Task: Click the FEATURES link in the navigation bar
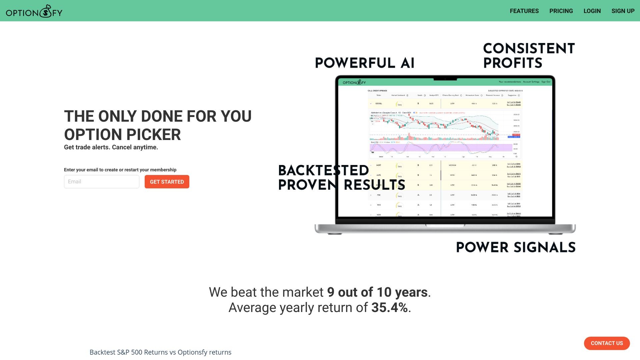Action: tap(524, 11)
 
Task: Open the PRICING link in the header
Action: tap(561, 11)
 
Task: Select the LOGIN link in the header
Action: tap(592, 11)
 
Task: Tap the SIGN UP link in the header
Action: tap(623, 11)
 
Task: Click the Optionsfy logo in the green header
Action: tap(34, 12)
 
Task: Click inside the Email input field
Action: tap(102, 182)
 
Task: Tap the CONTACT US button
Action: tap(607, 343)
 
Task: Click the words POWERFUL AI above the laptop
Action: tap(365, 63)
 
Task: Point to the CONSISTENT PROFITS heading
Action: tap(529, 56)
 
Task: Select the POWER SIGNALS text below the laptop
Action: tap(516, 247)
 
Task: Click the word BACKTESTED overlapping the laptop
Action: tap(323, 170)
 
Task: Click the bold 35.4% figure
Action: tap(389, 307)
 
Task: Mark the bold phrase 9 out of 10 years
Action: tap(377, 292)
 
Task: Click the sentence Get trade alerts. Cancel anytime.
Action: tap(111, 147)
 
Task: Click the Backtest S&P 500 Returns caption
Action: tap(160, 352)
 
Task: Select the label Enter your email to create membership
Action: tap(120, 170)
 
